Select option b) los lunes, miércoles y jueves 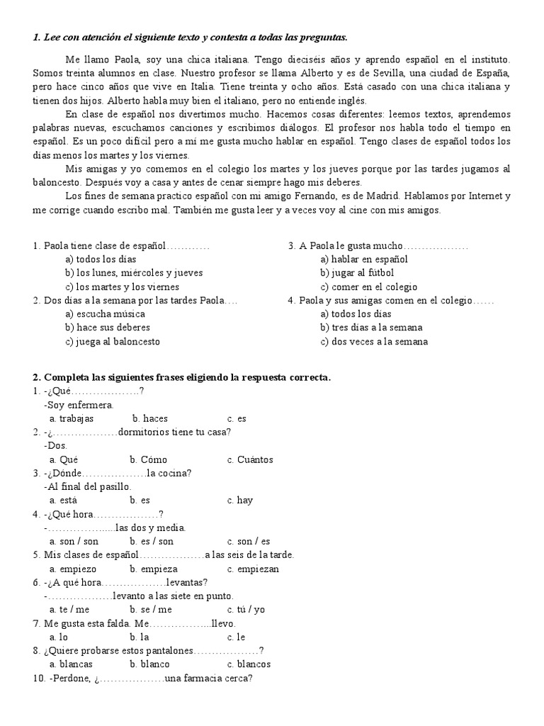(x=134, y=273)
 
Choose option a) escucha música (x=108, y=314)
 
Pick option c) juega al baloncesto (x=112, y=341)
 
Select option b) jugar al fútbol (x=357, y=273)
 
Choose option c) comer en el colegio (x=368, y=287)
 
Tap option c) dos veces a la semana (x=374, y=341)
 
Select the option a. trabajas (x=72, y=418)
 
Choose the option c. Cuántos (x=250, y=459)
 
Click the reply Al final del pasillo (x=88, y=486)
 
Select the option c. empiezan (x=253, y=569)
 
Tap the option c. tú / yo (x=246, y=609)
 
